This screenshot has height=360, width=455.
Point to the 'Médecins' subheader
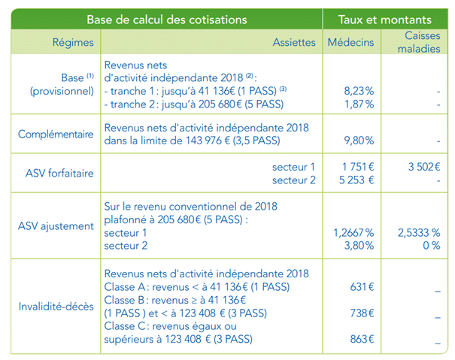click(x=350, y=43)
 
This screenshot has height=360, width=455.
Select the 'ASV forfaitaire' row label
click(x=57, y=173)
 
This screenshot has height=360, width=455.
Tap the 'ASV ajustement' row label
click(x=57, y=225)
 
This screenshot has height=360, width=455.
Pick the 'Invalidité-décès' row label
click(x=57, y=306)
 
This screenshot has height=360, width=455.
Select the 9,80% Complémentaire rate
click(x=357, y=139)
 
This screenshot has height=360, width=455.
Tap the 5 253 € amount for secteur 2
click(x=357, y=180)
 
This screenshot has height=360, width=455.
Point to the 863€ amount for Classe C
click(x=362, y=339)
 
